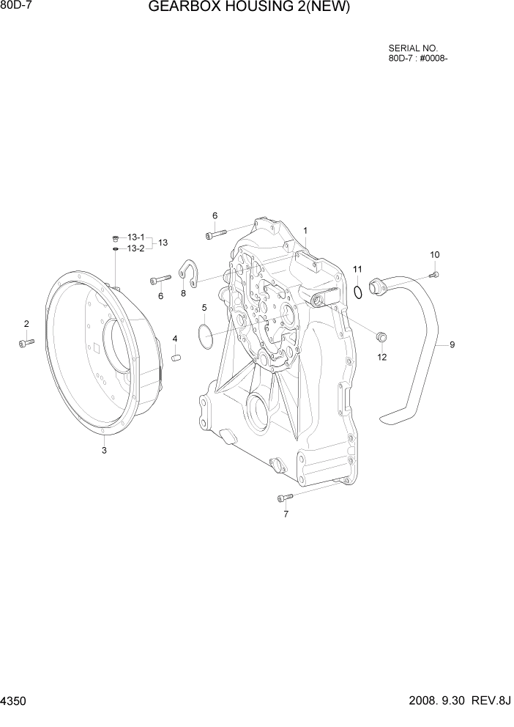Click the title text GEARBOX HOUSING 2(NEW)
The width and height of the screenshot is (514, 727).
(x=249, y=8)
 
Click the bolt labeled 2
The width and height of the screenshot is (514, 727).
(x=26, y=342)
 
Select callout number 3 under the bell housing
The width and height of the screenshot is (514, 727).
(x=104, y=451)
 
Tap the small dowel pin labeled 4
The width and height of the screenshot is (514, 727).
(x=176, y=357)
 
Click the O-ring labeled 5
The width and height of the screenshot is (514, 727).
(x=206, y=335)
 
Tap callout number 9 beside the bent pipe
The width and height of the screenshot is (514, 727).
(x=452, y=344)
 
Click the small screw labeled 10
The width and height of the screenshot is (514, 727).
(x=434, y=274)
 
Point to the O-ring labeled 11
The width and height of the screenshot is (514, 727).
(x=357, y=293)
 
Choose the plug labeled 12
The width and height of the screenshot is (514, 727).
(x=381, y=337)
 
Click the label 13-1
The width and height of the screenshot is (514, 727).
(x=135, y=237)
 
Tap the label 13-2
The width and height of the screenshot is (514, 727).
(x=135, y=248)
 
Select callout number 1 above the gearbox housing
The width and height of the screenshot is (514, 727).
(x=305, y=230)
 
